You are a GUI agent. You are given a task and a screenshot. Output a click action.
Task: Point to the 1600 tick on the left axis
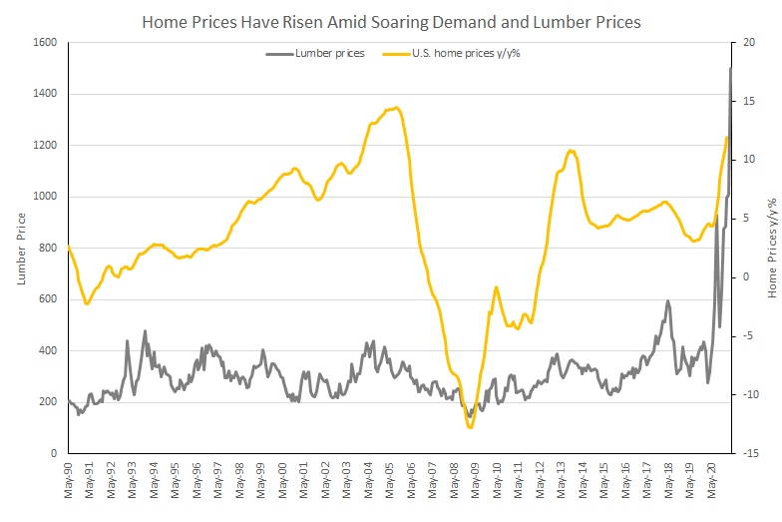pyautogui.click(x=45, y=42)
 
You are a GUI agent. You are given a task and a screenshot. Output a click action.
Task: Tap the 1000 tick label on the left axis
pyautogui.click(x=45, y=197)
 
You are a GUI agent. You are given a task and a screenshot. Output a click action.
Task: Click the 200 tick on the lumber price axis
pyautogui.click(x=48, y=402)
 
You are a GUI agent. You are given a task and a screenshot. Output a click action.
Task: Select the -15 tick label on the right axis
pyautogui.click(x=745, y=453)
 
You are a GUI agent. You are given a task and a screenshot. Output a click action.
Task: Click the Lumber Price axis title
pyautogui.click(x=20, y=248)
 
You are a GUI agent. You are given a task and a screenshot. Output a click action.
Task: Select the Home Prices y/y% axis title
pyautogui.click(x=772, y=248)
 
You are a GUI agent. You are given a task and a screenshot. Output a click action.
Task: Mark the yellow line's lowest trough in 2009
pyautogui.click(x=470, y=427)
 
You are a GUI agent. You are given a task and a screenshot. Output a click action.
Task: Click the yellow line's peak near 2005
pyautogui.click(x=397, y=108)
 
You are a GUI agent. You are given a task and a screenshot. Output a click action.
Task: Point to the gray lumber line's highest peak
pyautogui.click(x=731, y=68)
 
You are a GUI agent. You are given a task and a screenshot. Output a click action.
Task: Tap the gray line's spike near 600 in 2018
pyautogui.click(x=667, y=300)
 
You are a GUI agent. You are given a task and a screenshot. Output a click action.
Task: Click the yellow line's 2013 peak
pyautogui.click(x=571, y=151)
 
